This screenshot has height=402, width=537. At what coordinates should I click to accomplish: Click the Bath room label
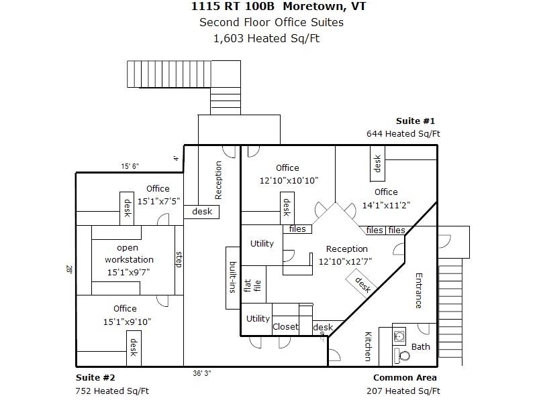tap(421, 346)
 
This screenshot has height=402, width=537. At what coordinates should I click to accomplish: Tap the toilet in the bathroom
tap(402, 356)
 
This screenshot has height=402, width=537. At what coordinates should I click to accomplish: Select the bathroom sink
tap(399, 336)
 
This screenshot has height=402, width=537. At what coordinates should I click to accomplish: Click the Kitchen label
tap(368, 346)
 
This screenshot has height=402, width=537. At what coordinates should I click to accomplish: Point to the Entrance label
tap(418, 291)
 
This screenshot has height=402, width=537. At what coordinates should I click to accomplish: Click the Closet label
tap(285, 327)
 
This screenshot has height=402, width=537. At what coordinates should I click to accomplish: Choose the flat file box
tap(254, 284)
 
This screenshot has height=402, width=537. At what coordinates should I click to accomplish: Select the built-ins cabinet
tap(232, 277)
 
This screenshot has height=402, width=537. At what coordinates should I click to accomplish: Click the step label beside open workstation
tap(179, 259)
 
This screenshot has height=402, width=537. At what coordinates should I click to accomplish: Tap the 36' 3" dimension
tap(202, 373)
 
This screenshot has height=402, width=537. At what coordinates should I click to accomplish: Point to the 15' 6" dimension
tap(130, 166)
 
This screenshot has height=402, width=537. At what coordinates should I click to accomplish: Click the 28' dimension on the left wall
tap(69, 269)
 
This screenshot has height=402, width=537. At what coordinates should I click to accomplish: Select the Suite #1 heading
tap(416, 121)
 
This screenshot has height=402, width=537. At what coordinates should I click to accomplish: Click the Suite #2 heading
tap(95, 378)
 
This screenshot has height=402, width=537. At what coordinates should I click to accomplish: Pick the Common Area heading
tap(405, 378)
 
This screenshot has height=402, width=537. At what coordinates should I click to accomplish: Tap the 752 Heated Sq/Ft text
tap(112, 391)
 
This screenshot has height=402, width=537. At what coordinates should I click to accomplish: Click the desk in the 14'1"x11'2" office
tap(377, 163)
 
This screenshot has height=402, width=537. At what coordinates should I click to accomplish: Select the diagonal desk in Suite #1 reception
tap(362, 284)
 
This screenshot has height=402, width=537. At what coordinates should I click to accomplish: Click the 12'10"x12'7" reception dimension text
tap(345, 261)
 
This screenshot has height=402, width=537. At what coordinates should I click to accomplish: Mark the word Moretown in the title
tap(313, 6)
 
